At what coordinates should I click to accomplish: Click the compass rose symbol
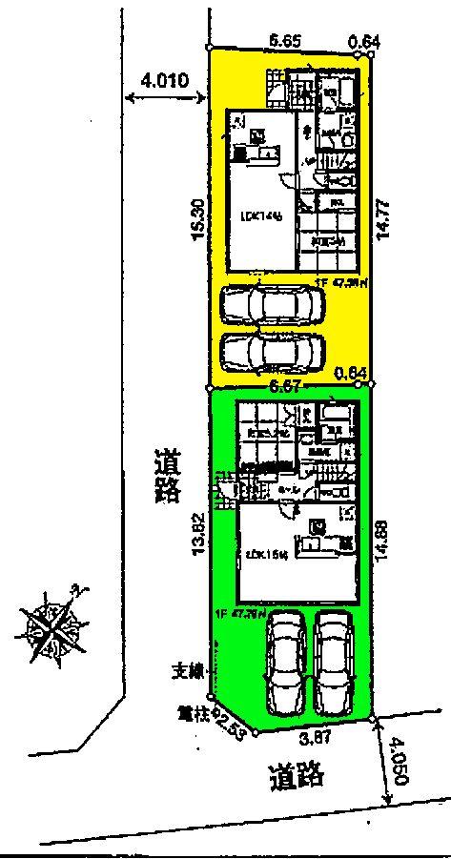(x=51, y=625)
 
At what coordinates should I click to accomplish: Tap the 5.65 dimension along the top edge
(x=287, y=41)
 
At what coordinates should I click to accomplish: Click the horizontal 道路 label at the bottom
(x=297, y=776)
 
